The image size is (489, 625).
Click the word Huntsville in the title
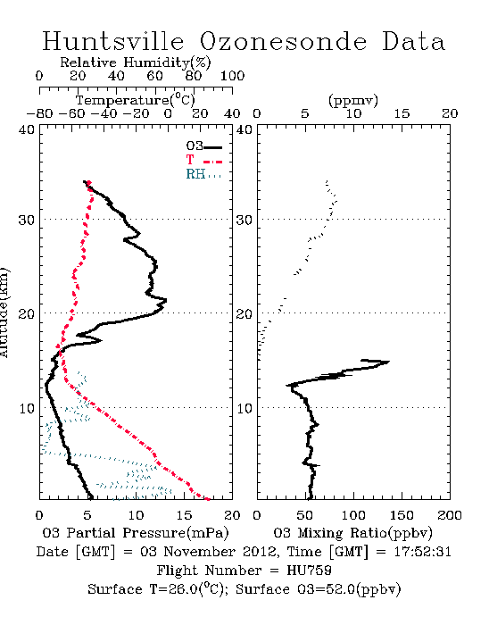pyautogui.click(x=113, y=41)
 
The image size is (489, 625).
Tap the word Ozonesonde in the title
pyautogui.click(x=283, y=41)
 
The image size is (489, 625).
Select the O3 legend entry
pyautogui.click(x=203, y=146)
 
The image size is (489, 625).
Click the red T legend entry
pyautogui.click(x=203, y=160)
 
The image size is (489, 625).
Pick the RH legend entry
pyautogui.click(x=203, y=174)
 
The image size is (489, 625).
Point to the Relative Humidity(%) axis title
pyautogui.click(x=136, y=62)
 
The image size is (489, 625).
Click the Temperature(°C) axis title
pyautogui.click(x=136, y=100)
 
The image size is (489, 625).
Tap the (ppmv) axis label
pyautogui.click(x=353, y=101)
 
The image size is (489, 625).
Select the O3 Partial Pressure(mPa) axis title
pyautogui.click(x=136, y=533)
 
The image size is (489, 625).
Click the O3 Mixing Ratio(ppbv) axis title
pyautogui.click(x=352, y=533)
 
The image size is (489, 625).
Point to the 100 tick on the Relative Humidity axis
pyautogui.click(x=232, y=76)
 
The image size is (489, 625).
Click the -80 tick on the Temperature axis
pyautogui.click(x=39, y=113)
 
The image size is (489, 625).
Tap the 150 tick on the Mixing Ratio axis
pyautogui.click(x=402, y=515)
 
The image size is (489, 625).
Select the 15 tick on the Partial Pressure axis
pyautogui.click(x=184, y=515)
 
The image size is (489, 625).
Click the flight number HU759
pyautogui.click(x=309, y=571)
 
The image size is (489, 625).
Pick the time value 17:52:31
pyautogui.click(x=422, y=552)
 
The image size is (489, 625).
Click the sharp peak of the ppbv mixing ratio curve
pyautogui.click(x=389, y=362)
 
